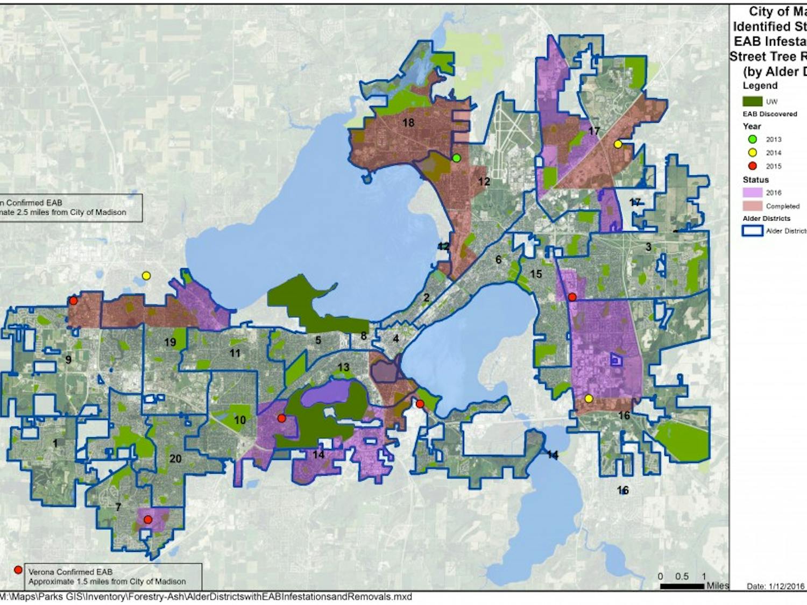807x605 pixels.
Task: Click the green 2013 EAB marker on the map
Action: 456,158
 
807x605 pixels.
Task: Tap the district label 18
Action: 408,123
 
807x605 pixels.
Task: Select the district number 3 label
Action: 648,247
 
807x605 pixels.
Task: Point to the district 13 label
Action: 343,367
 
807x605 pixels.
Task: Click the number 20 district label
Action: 175,459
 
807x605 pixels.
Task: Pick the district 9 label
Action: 68,360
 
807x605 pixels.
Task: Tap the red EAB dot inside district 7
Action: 148,519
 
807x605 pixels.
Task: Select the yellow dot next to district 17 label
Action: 618,144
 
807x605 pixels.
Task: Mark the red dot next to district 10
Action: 281,418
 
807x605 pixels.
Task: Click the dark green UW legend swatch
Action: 752,101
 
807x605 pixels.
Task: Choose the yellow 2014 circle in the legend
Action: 752,153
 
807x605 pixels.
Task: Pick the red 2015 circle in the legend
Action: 752,166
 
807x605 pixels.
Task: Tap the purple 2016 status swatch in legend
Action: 752,193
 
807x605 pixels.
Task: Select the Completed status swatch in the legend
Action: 752,206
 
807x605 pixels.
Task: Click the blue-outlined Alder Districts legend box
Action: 752,231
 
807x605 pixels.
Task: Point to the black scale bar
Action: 682,586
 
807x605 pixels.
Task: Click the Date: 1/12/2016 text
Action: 775,586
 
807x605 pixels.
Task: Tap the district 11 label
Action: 235,353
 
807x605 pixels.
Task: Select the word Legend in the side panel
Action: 760,86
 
